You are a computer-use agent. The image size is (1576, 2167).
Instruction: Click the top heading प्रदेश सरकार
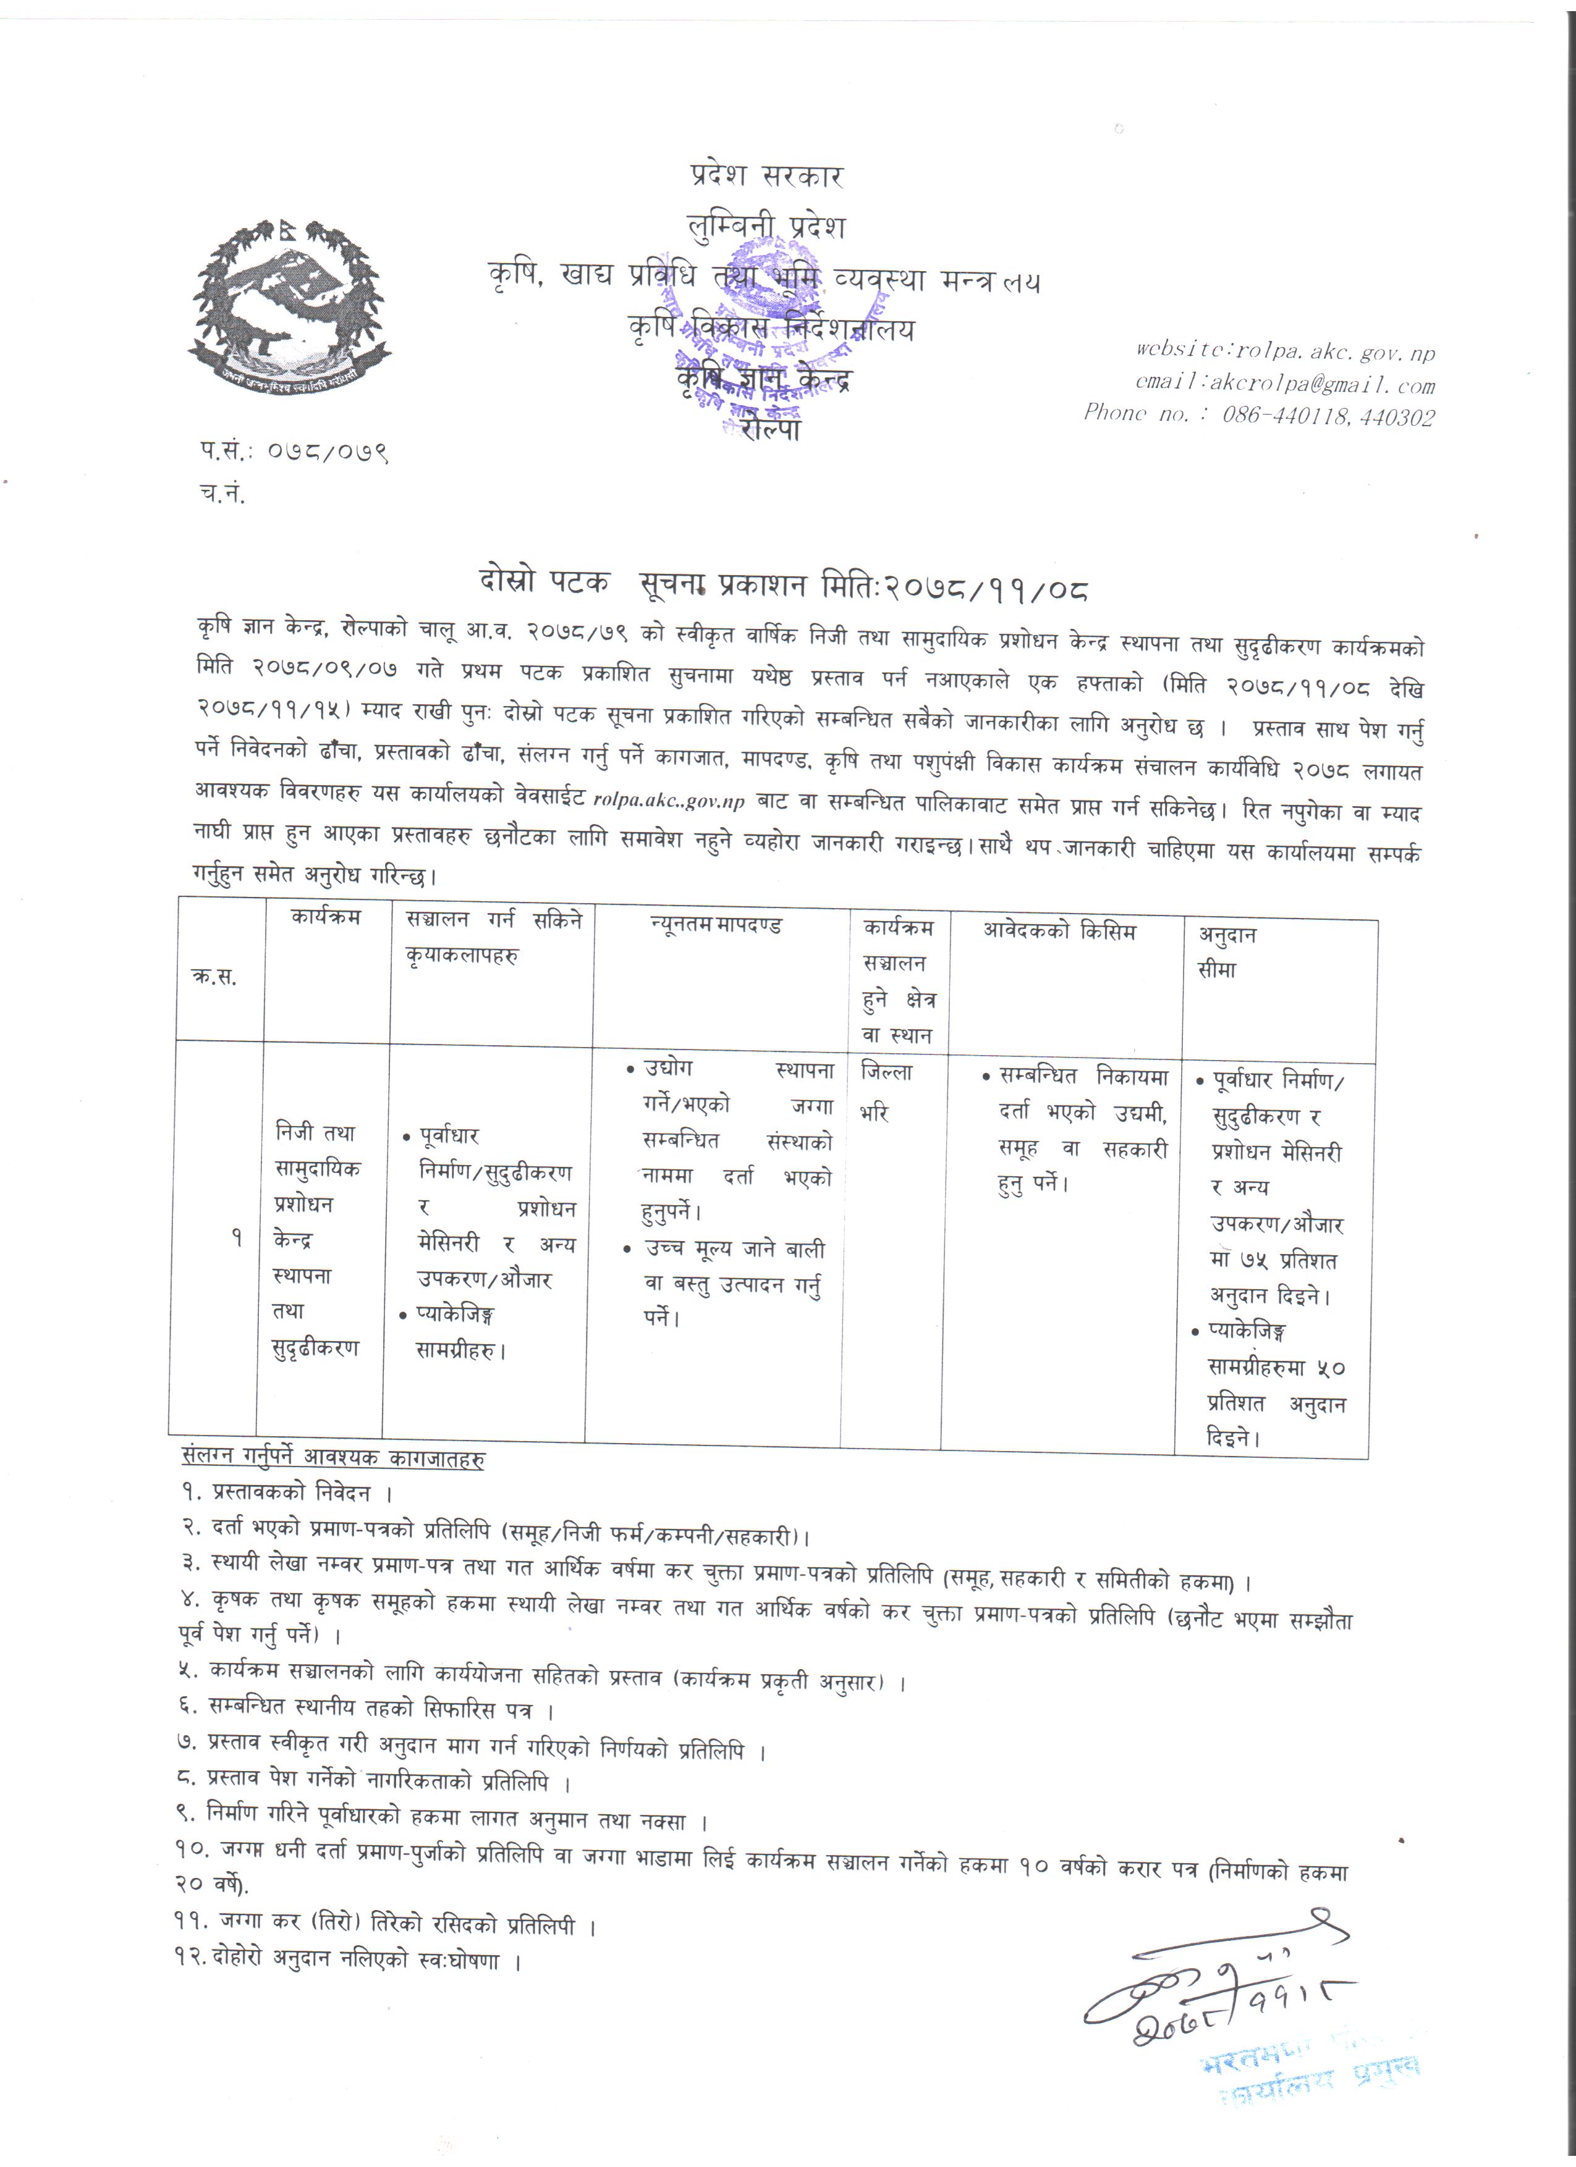[x=766, y=176]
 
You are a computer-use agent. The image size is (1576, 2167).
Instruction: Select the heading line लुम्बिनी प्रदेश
[x=766, y=227]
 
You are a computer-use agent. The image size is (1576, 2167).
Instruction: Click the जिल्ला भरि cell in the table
[x=886, y=1092]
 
